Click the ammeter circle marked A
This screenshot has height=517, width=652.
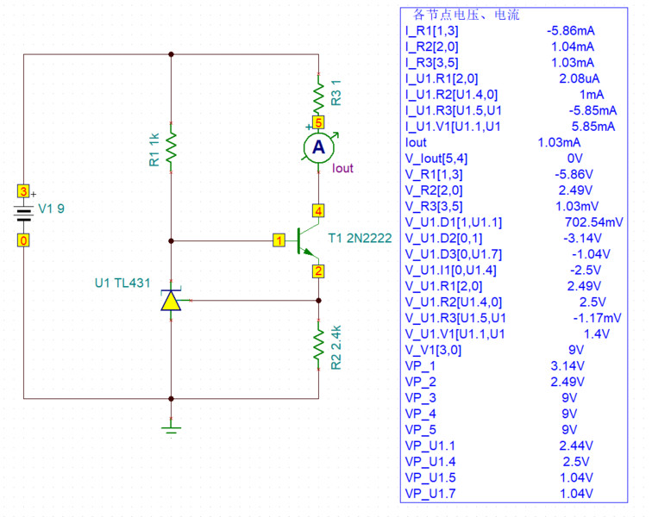coord(319,148)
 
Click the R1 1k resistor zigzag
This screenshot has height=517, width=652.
coord(171,146)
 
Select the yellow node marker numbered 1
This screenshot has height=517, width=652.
coord(279,240)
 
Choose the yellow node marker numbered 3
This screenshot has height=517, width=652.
coord(24,191)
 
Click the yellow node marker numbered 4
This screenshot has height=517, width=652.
coord(319,210)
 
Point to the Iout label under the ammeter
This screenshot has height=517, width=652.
coord(342,169)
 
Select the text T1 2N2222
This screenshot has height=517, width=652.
coord(360,238)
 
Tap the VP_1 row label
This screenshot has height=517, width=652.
coord(422,366)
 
